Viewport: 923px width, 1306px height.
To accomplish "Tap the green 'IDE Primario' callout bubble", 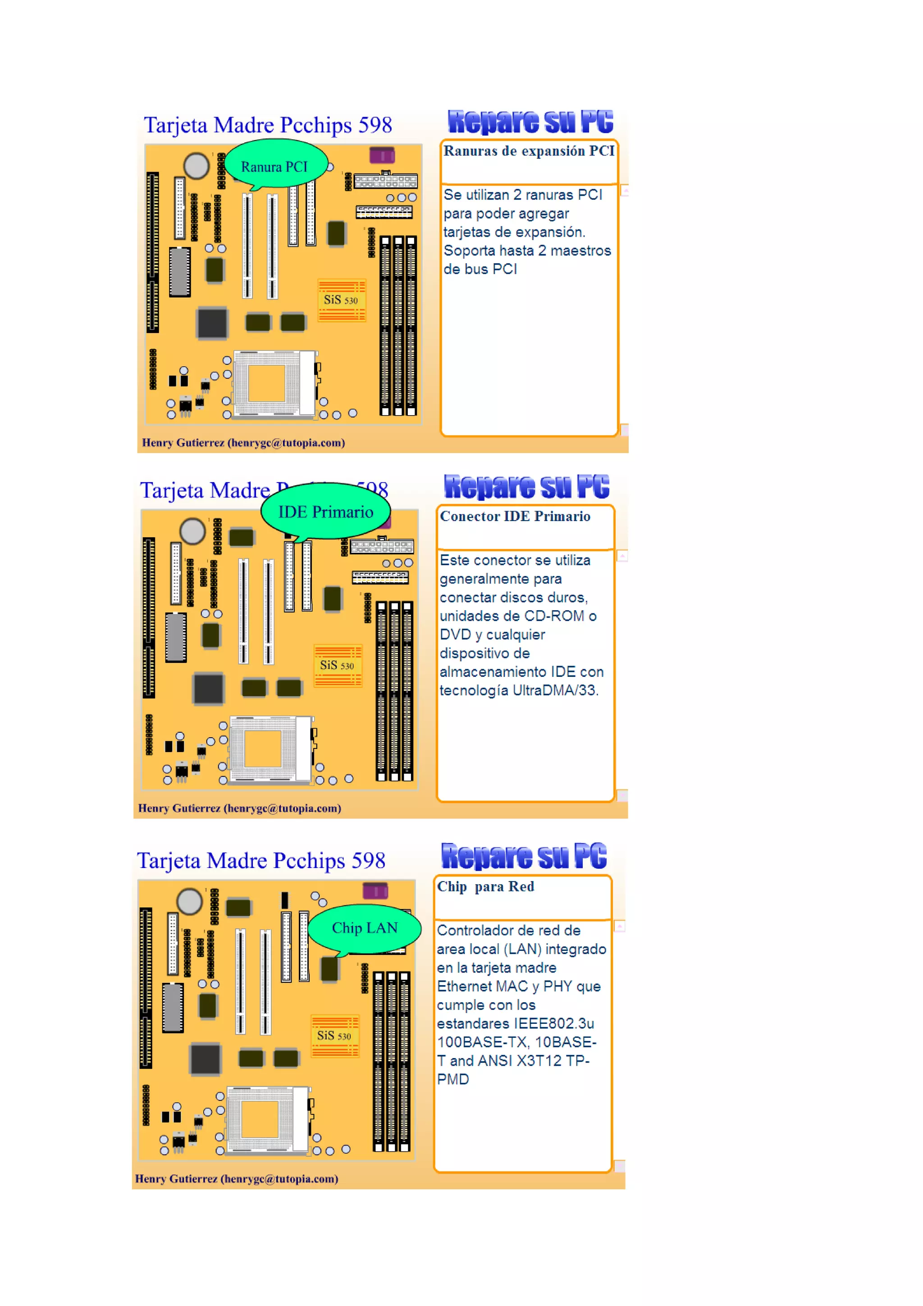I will click(x=325, y=511).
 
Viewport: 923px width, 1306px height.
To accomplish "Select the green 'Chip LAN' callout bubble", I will click(x=364, y=928).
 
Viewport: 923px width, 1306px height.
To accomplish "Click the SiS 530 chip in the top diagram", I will click(x=341, y=300).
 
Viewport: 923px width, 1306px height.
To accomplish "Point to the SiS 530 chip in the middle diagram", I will click(x=337, y=665).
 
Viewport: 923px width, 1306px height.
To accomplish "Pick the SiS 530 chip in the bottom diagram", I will click(x=334, y=1035).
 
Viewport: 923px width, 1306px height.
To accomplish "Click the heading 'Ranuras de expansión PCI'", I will click(x=528, y=151).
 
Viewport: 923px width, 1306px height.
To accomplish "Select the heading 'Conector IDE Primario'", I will click(x=515, y=516).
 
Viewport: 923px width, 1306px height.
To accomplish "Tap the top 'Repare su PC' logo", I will click(x=530, y=122).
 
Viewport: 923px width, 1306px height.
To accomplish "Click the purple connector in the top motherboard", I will click(x=382, y=155).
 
